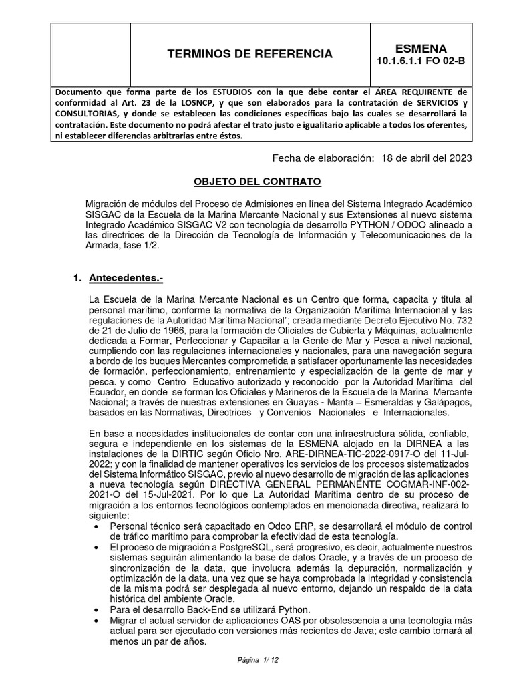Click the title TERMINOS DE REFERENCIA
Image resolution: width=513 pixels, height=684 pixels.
(x=249, y=54)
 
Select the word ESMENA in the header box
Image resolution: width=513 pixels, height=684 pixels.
(x=421, y=48)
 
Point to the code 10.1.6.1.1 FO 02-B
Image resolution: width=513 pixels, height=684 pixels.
(x=421, y=61)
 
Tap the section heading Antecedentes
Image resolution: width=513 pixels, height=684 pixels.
(x=126, y=277)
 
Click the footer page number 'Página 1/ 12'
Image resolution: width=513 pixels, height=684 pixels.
(x=258, y=660)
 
